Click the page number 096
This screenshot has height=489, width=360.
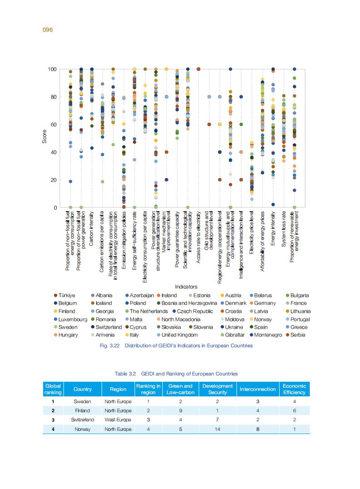[x=48, y=30]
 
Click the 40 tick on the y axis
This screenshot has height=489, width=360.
[x=54, y=153]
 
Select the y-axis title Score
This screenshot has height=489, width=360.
[x=44, y=138]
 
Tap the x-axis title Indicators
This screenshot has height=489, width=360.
[x=186, y=287]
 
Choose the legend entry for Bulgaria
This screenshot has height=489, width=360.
[x=299, y=295]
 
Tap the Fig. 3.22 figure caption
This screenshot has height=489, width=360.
[x=176, y=346]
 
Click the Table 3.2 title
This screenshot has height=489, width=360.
[x=176, y=374]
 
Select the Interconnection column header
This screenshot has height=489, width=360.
[x=257, y=389]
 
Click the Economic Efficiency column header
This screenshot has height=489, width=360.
[x=294, y=389]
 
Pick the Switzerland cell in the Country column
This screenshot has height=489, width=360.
[x=83, y=420]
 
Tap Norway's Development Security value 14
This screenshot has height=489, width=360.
[x=217, y=429]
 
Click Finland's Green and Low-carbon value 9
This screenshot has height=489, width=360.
[x=180, y=410]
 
